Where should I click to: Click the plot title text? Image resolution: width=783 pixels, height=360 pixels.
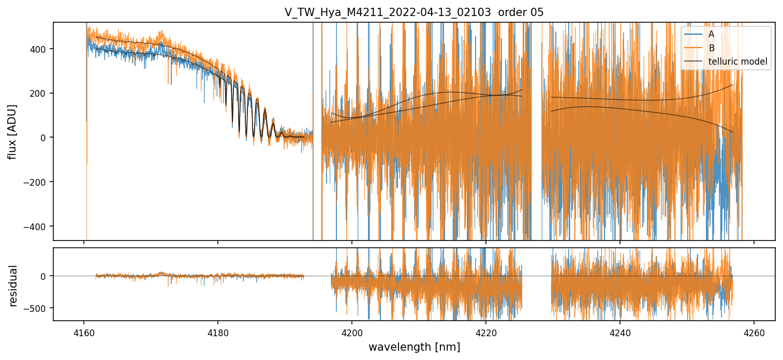(413, 12)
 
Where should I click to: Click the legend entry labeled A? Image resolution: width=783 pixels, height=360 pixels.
(712, 35)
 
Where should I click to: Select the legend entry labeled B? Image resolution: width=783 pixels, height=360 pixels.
(712, 48)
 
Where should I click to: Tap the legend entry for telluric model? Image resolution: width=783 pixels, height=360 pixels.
(737, 62)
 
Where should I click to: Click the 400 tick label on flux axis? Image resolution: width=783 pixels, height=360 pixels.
(41, 49)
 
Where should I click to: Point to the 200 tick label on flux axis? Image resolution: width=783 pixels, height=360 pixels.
(41, 94)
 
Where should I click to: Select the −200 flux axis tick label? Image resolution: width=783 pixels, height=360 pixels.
(38, 182)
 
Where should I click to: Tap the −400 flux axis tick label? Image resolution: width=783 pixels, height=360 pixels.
(38, 227)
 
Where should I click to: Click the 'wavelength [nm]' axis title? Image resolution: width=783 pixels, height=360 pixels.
(414, 347)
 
